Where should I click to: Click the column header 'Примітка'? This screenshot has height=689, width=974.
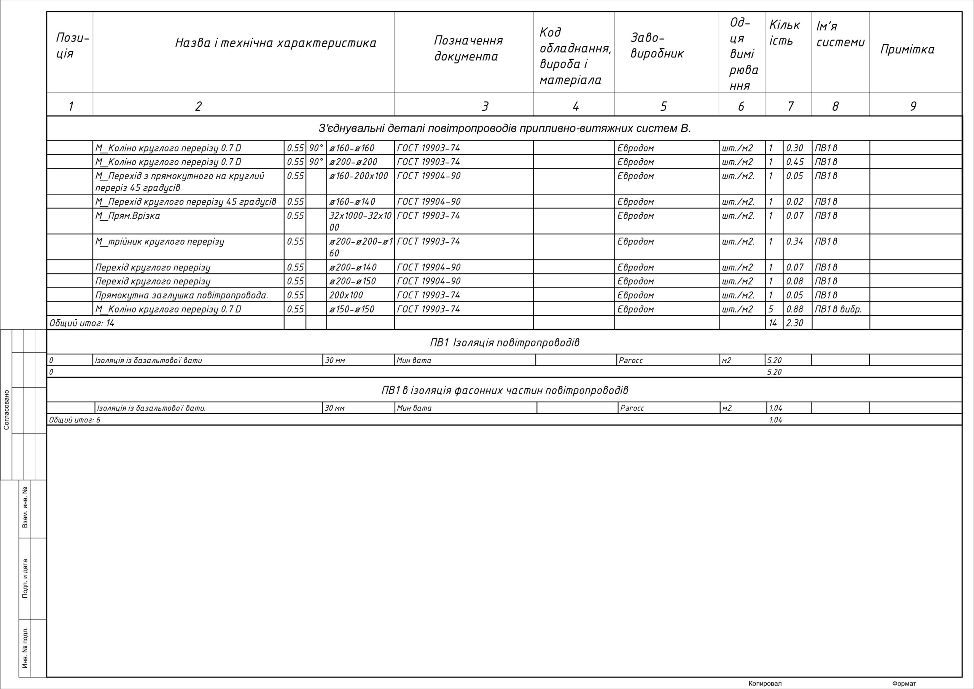pos(907,49)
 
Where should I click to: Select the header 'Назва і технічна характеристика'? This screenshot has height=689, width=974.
pos(276,43)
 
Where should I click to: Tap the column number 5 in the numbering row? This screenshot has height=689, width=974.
pos(664,106)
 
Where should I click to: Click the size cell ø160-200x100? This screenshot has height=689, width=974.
pos(358,176)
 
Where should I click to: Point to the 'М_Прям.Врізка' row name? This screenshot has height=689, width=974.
pos(128,216)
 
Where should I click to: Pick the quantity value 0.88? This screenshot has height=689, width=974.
pos(794,309)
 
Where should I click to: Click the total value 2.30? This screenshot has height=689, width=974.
pos(794,323)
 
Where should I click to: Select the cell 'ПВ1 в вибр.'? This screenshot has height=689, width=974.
pos(838,309)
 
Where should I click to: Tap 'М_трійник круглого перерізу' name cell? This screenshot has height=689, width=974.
pos(159,242)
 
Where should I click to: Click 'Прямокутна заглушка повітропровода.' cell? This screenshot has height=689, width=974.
pos(181,295)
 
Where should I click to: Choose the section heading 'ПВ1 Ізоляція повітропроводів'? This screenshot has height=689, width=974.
pos(505,343)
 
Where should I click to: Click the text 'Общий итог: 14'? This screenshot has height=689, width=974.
pos(82,323)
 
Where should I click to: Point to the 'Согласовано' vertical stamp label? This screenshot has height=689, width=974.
pos(6,410)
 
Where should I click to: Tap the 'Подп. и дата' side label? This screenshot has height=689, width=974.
pos(25,578)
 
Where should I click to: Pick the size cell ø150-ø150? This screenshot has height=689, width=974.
pos(352,309)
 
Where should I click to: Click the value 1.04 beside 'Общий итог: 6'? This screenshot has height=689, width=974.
pos(775,420)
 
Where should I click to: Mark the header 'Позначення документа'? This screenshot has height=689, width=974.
pos(468,48)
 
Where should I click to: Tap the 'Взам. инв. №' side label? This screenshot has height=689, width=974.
pos(25,507)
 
